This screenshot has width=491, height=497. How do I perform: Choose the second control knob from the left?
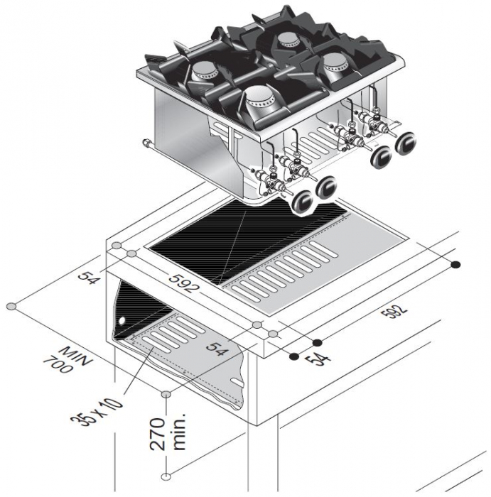(327, 187)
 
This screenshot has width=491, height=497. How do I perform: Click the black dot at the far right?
(456, 265)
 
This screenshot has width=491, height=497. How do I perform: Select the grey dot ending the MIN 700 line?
(11, 306)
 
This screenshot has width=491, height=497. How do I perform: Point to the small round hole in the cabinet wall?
(121, 320)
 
